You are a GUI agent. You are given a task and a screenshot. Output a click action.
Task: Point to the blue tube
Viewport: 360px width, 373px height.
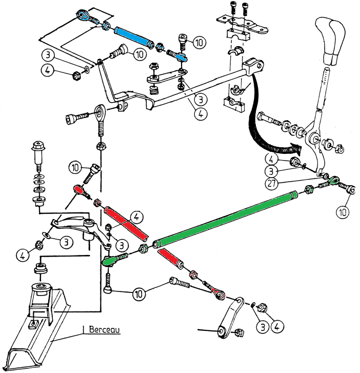[x=132, y=36]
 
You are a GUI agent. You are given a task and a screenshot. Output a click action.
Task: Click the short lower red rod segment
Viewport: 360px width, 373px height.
[x=172, y=260]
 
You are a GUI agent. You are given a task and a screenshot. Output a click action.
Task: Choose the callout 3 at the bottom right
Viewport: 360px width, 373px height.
[x=263, y=325]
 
